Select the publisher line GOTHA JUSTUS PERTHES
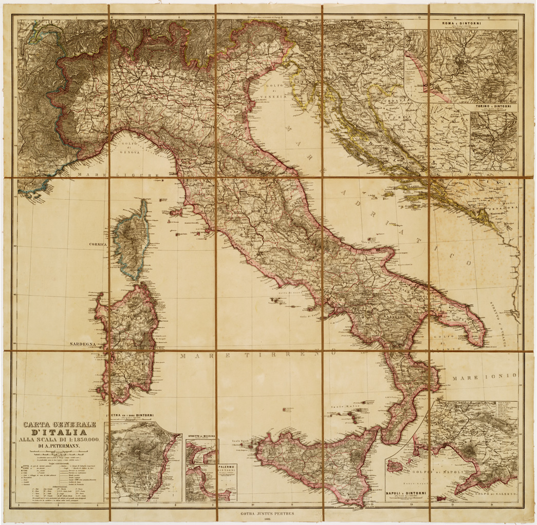268,513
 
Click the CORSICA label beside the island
97,245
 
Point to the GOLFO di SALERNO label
492,493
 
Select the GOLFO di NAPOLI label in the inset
441,472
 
